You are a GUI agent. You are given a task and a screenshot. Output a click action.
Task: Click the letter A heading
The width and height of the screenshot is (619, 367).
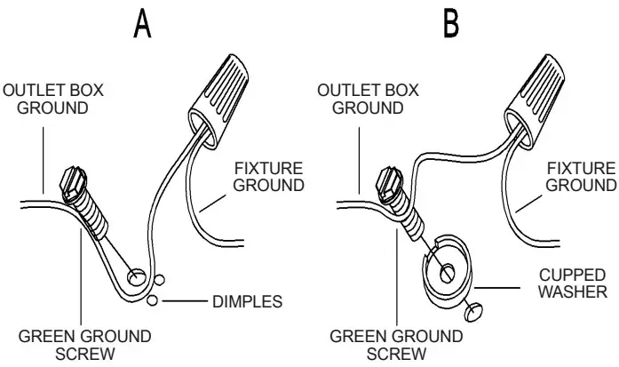[141, 24]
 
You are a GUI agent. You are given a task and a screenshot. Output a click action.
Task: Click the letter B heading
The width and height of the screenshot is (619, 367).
[451, 24]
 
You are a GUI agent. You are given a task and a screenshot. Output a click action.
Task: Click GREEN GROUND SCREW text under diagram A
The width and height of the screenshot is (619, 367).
[87, 346]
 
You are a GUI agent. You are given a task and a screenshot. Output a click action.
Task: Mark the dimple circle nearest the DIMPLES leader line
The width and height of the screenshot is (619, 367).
[154, 302]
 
